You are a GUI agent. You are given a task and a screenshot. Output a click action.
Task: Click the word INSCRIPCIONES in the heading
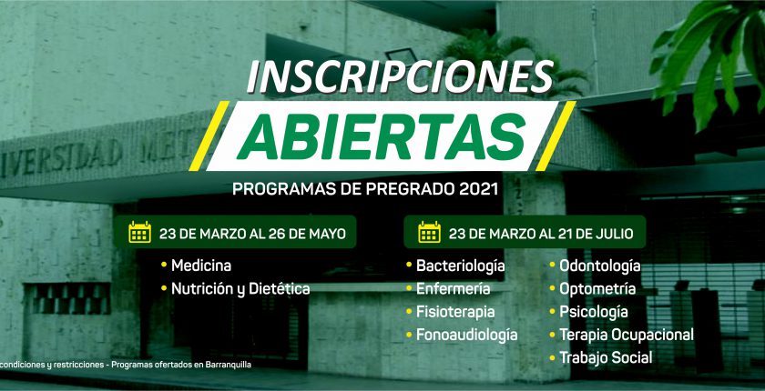point(400,77)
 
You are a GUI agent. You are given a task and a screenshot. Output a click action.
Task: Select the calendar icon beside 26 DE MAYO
point(139,232)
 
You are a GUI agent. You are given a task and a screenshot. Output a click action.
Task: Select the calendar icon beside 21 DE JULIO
point(429,232)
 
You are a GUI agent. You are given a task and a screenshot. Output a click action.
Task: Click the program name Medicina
point(201,266)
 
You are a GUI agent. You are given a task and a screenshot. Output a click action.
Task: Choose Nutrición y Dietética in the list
point(240,289)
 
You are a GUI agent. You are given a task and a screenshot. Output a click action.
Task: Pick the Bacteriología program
point(460,266)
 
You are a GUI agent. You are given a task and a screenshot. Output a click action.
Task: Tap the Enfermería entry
point(453,289)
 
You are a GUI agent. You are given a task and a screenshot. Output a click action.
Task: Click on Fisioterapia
point(455,312)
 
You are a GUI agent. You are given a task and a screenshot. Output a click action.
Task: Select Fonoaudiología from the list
point(466,335)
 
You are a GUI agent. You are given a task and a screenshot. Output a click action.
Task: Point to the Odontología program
point(599,266)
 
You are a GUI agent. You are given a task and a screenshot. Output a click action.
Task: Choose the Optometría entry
point(597,289)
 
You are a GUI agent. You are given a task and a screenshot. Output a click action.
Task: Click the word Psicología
point(593,312)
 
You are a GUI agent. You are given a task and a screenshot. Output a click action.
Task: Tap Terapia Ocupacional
point(627,335)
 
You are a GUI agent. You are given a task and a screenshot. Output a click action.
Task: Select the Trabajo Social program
point(606,358)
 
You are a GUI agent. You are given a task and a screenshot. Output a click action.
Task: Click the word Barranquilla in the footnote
point(231,365)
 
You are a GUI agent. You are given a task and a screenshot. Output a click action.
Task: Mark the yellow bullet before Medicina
point(164,266)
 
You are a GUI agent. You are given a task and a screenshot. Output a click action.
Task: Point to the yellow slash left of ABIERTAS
point(209,135)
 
